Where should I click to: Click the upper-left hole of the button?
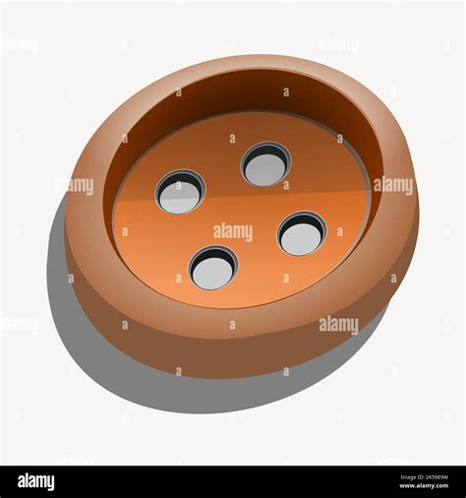click(x=180, y=192)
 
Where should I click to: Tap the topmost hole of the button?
click(x=265, y=164)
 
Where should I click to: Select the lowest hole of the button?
click(x=213, y=268)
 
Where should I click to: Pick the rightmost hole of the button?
click(x=301, y=234)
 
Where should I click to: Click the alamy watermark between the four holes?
click(x=233, y=231)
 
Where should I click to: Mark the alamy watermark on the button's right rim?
click(x=393, y=186)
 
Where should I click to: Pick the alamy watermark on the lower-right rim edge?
click(x=338, y=325)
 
